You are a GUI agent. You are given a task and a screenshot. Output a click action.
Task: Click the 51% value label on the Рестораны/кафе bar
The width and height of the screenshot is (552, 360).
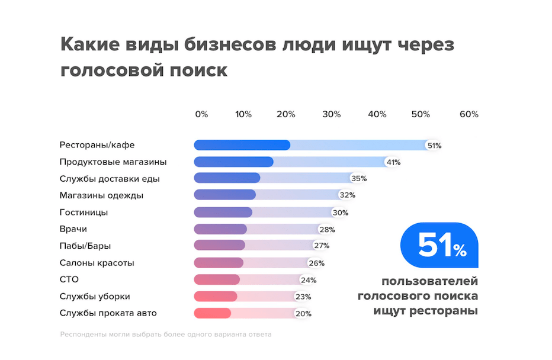pos(434,145)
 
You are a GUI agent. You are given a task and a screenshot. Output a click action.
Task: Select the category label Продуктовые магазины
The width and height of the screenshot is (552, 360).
pos(113,162)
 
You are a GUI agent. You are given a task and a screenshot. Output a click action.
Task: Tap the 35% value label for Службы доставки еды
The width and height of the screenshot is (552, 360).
pos(359,178)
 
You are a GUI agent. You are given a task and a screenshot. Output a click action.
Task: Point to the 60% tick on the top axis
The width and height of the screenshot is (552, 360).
pos(468,114)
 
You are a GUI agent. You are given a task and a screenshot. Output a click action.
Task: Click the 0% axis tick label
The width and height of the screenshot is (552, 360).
pos(201,114)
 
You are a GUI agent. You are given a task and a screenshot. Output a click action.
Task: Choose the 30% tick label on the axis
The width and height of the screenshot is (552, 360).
pos(332,114)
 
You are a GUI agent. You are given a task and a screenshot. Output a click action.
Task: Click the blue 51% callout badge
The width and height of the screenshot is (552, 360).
pos(439,246)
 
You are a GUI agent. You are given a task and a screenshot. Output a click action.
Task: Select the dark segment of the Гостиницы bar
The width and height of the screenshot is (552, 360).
pos(223,212)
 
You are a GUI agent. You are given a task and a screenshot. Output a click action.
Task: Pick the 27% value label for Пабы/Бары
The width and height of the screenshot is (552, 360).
pos(321,246)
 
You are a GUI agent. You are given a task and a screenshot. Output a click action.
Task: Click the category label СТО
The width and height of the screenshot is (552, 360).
pos(69,279)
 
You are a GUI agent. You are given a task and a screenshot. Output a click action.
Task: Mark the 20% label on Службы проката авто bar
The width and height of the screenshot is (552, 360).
pos(303,314)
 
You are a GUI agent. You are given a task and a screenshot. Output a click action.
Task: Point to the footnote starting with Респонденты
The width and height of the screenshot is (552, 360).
pos(166,335)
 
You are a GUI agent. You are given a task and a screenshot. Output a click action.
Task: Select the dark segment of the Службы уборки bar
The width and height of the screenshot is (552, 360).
pos(216,296)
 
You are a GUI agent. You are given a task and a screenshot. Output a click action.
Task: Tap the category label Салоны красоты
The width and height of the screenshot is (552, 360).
pos(97,263)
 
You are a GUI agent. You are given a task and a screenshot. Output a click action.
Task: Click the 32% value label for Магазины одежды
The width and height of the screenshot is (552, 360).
pos(347,195)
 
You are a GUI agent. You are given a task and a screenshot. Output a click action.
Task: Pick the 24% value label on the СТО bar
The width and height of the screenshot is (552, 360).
pos(308,280)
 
